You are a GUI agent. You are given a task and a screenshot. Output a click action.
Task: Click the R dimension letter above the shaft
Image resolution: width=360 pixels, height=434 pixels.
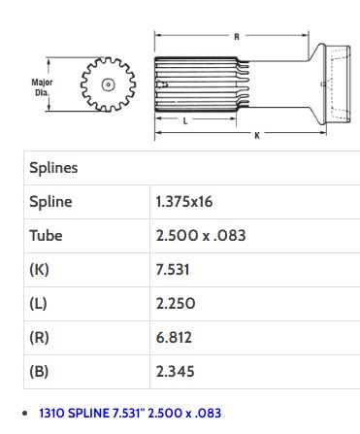tap(237, 37)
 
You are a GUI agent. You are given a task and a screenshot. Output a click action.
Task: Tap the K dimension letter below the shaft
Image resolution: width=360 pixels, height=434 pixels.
tap(257, 136)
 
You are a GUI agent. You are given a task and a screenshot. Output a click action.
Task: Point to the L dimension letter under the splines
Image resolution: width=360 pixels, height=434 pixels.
tap(185, 121)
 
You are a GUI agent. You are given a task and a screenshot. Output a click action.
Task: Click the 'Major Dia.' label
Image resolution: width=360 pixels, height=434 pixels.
tap(42, 87)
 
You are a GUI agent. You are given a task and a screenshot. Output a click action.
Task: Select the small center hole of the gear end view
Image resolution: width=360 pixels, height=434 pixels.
tap(108, 84)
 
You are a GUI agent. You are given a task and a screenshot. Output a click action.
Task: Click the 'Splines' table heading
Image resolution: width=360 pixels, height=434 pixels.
tap(53, 168)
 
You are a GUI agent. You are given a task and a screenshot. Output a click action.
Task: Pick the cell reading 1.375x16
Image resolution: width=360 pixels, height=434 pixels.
tap(184, 202)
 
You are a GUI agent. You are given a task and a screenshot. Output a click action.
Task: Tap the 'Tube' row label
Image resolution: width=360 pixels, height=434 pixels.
tap(46, 235)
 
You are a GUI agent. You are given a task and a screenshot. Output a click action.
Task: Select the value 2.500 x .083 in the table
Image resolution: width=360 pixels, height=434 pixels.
tap(201, 235)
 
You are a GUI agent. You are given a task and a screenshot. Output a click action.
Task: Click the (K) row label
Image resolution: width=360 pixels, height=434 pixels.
tap(39, 269)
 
